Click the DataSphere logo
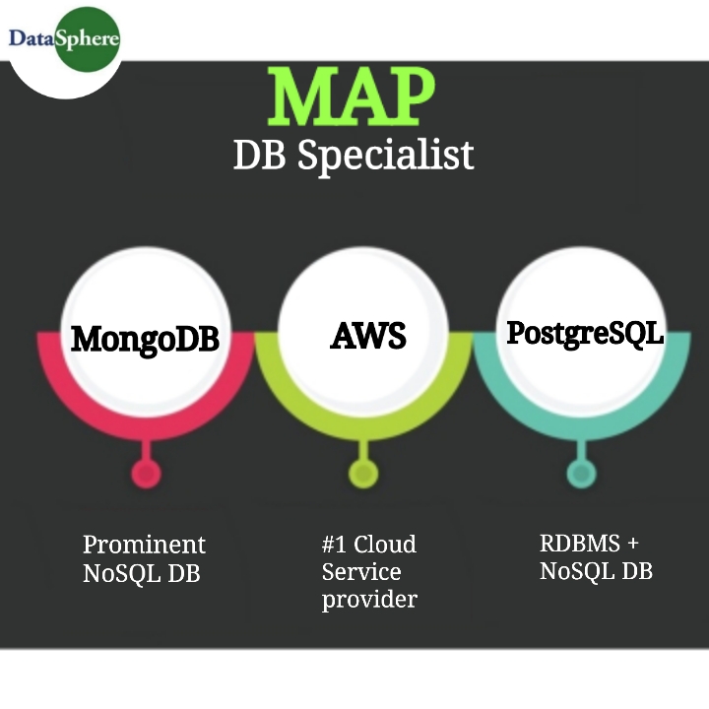coord(63,39)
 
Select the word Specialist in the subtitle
coord(385,156)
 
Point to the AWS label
coord(367,336)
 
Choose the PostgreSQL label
coord(585,333)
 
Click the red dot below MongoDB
coord(146,475)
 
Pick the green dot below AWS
coord(364,475)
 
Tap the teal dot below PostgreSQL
coord(581,475)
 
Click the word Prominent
coord(144,545)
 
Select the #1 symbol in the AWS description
coord(333,545)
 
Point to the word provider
coord(369,600)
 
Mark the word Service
coord(361,572)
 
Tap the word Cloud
coord(385,545)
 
